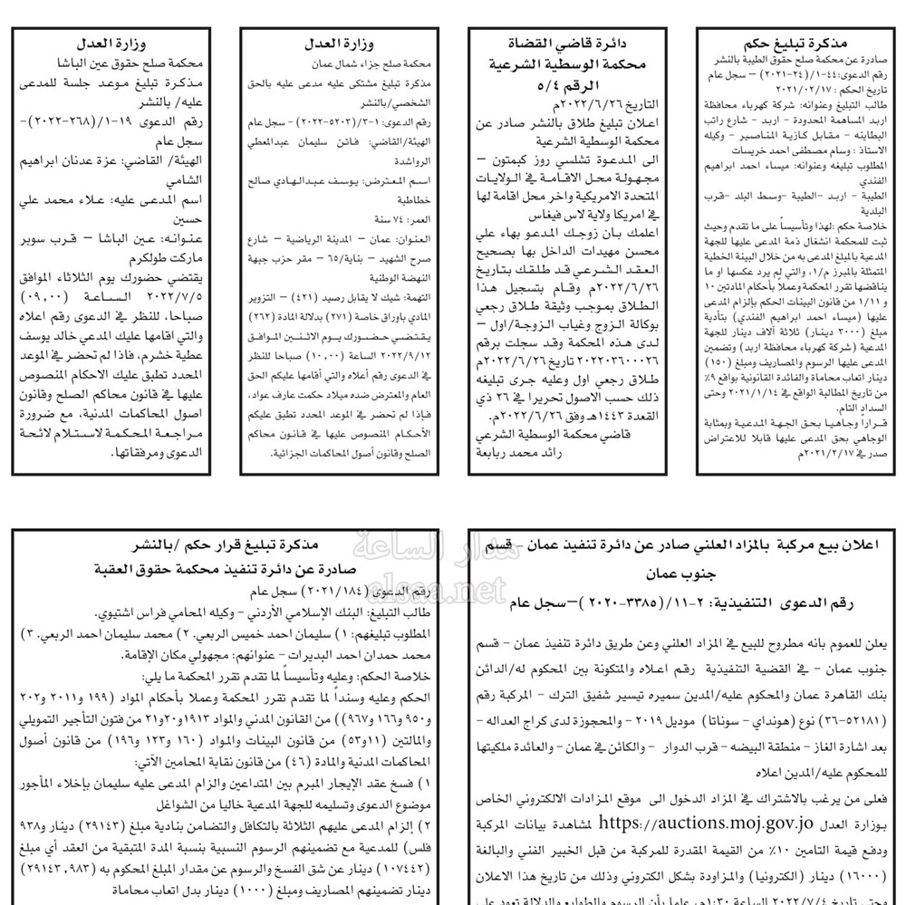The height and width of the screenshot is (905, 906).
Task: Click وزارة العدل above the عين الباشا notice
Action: [111, 43]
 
